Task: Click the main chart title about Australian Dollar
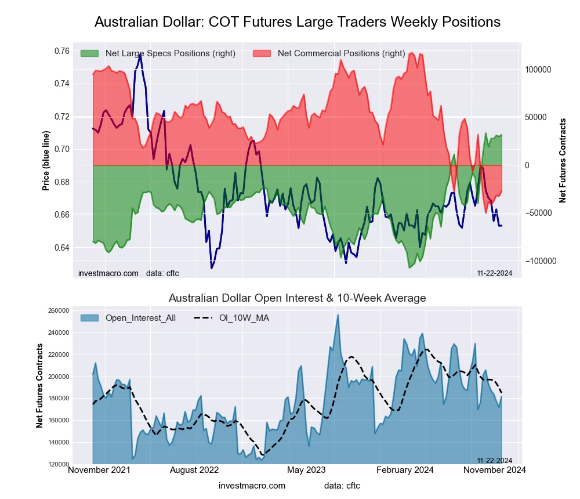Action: coord(297,22)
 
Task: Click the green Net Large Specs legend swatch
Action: coord(90,53)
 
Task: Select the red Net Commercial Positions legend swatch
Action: coord(262,53)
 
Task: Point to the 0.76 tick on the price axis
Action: coord(60,51)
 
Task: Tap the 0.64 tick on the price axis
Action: coord(60,248)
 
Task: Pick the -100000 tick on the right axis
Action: coord(541,261)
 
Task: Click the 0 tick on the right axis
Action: coord(528,165)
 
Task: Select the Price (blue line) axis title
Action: coord(46,161)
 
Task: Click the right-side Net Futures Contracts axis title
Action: coord(563,161)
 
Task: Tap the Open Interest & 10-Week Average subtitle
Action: coord(297,298)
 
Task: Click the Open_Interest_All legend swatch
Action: coord(90,318)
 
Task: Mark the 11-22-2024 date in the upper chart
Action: coord(494,273)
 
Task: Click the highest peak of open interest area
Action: coord(338,315)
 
